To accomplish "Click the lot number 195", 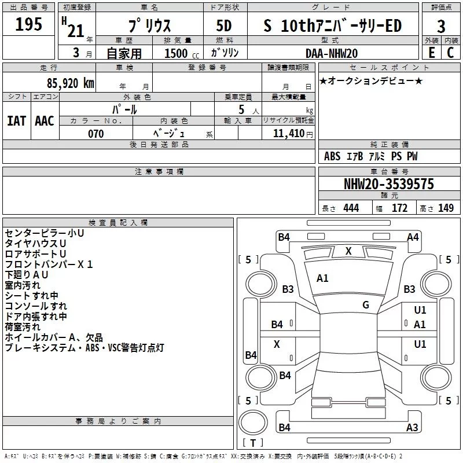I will click(x=29, y=25).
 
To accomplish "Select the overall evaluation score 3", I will click(x=441, y=26).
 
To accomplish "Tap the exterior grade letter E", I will click(x=431, y=52).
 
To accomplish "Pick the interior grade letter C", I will click(x=450, y=52).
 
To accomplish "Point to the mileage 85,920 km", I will click(x=68, y=83).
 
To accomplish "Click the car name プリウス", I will click(x=149, y=25).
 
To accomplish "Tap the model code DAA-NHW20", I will click(x=332, y=53).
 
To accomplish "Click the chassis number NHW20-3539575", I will click(x=388, y=184).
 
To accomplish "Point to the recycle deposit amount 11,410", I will click(x=288, y=134).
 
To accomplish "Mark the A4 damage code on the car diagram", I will click(x=413, y=237).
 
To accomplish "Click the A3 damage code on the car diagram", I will click(x=412, y=428).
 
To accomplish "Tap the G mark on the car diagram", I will click(x=366, y=305).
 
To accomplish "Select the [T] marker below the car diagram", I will click(x=252, y=443).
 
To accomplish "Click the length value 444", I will click(x=351, y=208).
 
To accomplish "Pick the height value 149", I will click(x=446, y=208).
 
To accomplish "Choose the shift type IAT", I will click(x=16, y=121).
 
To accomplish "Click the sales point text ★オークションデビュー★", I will click(x=371, y=80).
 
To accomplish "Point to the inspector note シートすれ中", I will click(x=31, y=296).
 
